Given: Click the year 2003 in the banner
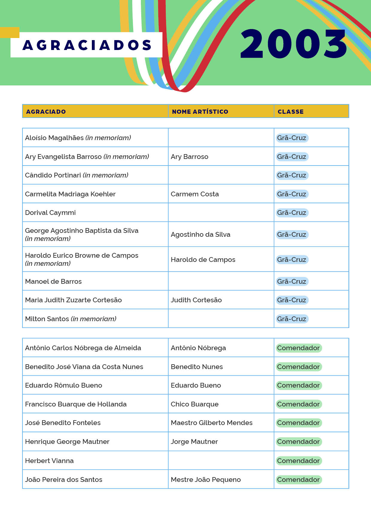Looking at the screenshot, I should click(x=294, y=44).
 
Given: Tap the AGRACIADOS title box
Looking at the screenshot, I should click(x=87, y=45).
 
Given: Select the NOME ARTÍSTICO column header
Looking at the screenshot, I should click(x=200, y=112).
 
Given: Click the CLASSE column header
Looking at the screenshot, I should click(x=291, y=112).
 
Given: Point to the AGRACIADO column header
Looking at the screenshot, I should click(x=46, y=112).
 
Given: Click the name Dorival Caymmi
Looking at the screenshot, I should click(x=50, y=213).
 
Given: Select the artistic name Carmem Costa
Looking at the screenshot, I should click(x=195, y=194).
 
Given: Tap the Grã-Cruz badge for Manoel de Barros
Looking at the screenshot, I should click(x=292, y=281).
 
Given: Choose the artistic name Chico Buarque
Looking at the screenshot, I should click(x=194, y=404).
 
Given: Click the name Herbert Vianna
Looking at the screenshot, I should click(x=49, y=461).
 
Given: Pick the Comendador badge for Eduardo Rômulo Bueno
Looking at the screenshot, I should click(x=298, y=385).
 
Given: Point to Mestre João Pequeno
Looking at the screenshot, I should click(x=206, y=480).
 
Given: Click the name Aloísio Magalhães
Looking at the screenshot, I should click(x=54, y=138).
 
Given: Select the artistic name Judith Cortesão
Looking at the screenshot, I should click(x=196, y=300).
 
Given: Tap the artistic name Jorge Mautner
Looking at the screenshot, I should click(x=194, y=441).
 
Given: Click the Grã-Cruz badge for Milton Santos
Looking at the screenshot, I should click(x=292, y=319).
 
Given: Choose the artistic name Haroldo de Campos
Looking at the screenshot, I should click(x=203, y=260).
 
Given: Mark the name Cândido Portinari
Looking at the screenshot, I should click(x=53, y=175).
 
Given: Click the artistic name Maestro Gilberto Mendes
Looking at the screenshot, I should click(x=212, y=423).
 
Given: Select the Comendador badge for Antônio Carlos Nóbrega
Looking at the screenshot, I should click(x=298, y=348).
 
